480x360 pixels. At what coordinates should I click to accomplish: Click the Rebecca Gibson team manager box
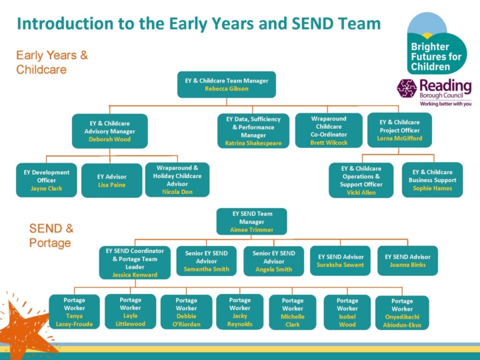(x=226, y=85)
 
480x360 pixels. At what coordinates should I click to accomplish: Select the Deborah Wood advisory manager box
(x=109, y=131)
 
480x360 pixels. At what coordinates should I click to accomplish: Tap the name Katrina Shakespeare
(x=253, y=143)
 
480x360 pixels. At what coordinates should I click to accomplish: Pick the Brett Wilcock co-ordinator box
(x=329, y=130)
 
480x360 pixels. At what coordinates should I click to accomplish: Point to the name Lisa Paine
(x=111, y=185)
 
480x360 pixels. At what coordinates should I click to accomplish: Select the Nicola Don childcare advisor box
(x=177, y=180)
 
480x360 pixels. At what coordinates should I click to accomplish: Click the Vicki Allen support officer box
(x=361, y=181)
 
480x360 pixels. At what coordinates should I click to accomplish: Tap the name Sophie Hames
(x=432, y=189)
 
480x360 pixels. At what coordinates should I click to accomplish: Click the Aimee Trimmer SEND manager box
(x=251, y=221)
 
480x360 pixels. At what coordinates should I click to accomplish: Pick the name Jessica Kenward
(x=135, y=275)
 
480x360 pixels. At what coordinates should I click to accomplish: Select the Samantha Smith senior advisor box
(x=207, y=261)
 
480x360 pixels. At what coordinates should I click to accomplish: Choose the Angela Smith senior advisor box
(x=273, y=261)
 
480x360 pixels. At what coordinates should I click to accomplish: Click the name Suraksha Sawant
(x=340, y=265)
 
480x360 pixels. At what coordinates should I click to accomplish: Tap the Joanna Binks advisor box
(x=407, y=261)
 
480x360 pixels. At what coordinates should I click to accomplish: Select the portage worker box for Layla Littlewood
(x=130, y=312)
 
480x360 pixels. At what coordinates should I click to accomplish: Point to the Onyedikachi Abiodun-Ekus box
(x=402, y=313)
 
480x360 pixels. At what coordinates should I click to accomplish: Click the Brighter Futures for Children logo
(x=437, y=47)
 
